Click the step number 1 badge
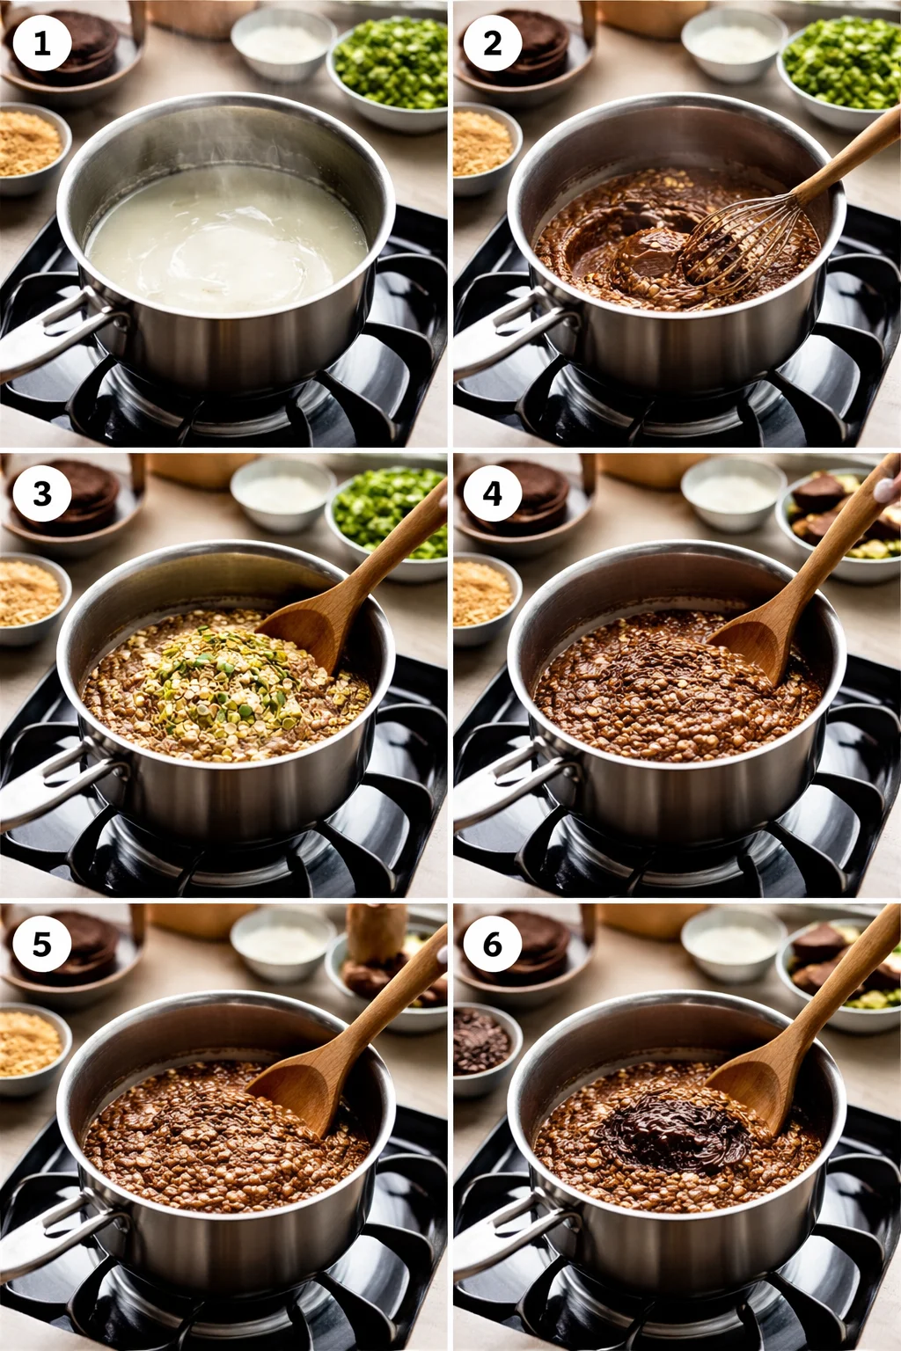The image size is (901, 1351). [41, 43]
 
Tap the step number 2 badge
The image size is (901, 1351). [492, 43]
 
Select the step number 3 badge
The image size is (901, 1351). [41, 493]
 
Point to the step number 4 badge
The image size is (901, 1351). [492, 493]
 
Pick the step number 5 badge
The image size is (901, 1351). [41, 944]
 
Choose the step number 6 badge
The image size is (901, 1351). [492, 944]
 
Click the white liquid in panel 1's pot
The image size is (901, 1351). [224, 242]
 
